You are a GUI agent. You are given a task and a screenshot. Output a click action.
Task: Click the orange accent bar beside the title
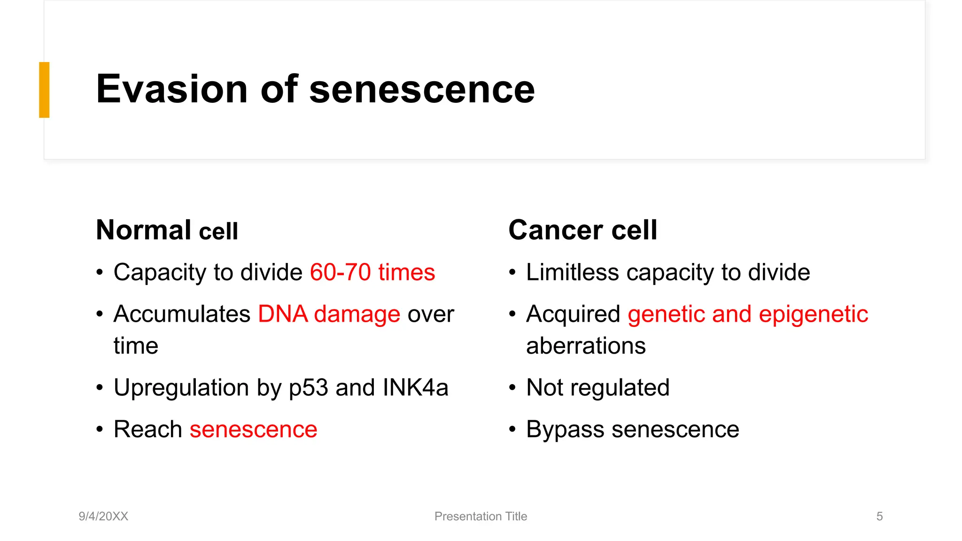coord(44,90)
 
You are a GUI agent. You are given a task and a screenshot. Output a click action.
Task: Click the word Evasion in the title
coord(171,89)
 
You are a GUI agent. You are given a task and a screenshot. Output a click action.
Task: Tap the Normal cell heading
coord(167,230)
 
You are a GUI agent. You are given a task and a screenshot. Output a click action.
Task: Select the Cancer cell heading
coord(582,230)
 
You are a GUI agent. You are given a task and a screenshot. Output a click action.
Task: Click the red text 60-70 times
coord(372,272)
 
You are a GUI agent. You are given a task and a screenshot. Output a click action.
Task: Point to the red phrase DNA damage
coord(329,314)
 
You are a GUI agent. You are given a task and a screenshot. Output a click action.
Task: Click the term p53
coord(308,388)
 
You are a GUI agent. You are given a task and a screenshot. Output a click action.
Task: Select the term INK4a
coord(415,388)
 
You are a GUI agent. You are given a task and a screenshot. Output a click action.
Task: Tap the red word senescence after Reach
coord(253,430)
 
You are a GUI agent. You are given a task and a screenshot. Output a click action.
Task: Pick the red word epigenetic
coord(813,314)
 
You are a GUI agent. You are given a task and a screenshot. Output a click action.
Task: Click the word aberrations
coord(585,346)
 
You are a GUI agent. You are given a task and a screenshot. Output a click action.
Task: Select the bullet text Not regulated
coord(597,388)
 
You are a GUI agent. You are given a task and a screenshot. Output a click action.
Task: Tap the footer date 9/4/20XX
coord(103,516)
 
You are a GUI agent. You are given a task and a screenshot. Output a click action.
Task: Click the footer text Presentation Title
coord(481,516)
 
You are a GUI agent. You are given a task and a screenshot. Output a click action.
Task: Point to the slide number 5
coord(879,516)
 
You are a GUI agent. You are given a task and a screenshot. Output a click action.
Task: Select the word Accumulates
coord(182,314)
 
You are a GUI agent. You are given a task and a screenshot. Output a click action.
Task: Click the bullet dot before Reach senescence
coord(100,429)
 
